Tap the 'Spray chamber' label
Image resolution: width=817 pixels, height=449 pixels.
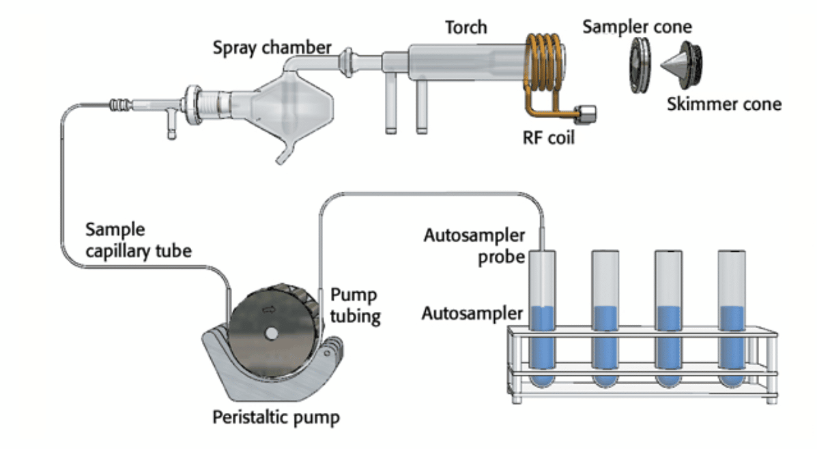click(271, 48)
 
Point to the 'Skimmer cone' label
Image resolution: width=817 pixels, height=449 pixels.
click(723, 105)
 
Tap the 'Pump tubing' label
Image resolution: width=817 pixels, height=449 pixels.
click(354, 306)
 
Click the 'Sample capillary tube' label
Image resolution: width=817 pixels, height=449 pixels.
click(139, 240)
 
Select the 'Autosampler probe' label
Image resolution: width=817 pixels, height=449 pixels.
click(474, 247)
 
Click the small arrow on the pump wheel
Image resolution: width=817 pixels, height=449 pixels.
click(268, 309)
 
